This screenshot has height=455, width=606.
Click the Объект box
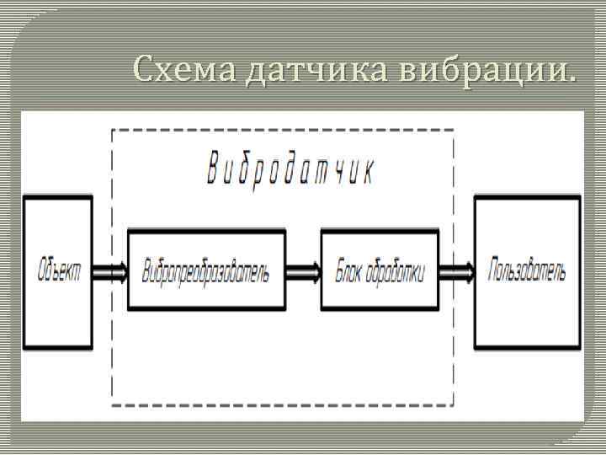pos(58,271)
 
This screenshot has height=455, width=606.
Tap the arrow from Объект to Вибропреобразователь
pos(110,271)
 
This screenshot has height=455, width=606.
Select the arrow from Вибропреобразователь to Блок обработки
pos(303,271)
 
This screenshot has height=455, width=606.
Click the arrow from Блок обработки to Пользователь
pos(456,271)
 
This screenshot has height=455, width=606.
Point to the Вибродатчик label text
pos(290,172)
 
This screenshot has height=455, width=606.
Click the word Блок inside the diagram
pos(349,272)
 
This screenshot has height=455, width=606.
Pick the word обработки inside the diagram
pos(396,272)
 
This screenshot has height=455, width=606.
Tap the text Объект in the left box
pos(59,271)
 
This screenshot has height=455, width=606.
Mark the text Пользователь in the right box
pos(528,271)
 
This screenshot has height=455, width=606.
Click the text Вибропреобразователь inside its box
pos(206,272)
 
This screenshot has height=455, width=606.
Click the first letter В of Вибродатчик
pos(213,172)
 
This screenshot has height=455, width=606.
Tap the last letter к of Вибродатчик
pos(369,172)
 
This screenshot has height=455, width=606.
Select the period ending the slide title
pos(574,81)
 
